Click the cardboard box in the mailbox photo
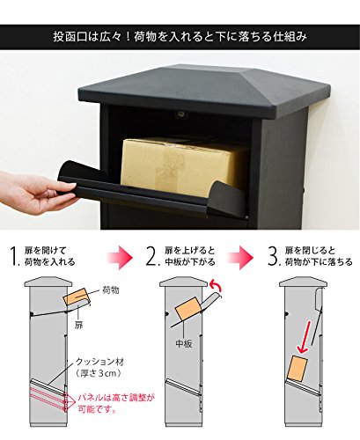(183, 165)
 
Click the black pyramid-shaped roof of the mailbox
(204, 90)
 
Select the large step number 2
(152, 256)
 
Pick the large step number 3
(273, 256)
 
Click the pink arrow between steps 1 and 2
(119, 257)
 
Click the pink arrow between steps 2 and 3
(240, 257)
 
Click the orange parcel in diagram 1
(77, 297)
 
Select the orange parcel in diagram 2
(187, 311)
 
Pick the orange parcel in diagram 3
(298, 368)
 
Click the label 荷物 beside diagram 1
(110, 290)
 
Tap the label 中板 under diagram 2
(184, 343)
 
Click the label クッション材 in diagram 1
(99, 362)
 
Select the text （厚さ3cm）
(99, 373)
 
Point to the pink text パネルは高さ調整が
(116, 398)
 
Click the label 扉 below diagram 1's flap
(78, 325)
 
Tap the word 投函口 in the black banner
(70, 37)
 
